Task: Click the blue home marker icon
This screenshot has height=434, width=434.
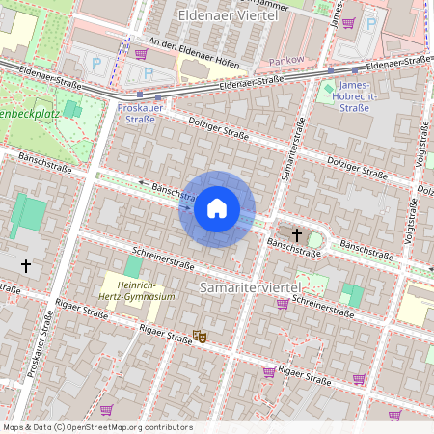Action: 217,208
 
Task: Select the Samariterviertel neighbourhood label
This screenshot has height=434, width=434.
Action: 251,288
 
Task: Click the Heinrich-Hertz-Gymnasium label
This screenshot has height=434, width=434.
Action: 141,290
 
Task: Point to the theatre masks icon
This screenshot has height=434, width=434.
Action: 200,336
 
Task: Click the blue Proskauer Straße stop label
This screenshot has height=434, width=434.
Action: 143,114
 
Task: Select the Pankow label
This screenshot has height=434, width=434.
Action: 285,60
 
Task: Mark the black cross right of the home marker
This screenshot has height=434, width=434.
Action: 296,235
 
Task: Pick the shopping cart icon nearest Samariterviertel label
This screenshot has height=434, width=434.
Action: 283,304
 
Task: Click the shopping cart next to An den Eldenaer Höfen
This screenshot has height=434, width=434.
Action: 141,54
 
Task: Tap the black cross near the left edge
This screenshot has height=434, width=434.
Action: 26,264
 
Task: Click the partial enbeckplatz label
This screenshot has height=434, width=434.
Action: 29,114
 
